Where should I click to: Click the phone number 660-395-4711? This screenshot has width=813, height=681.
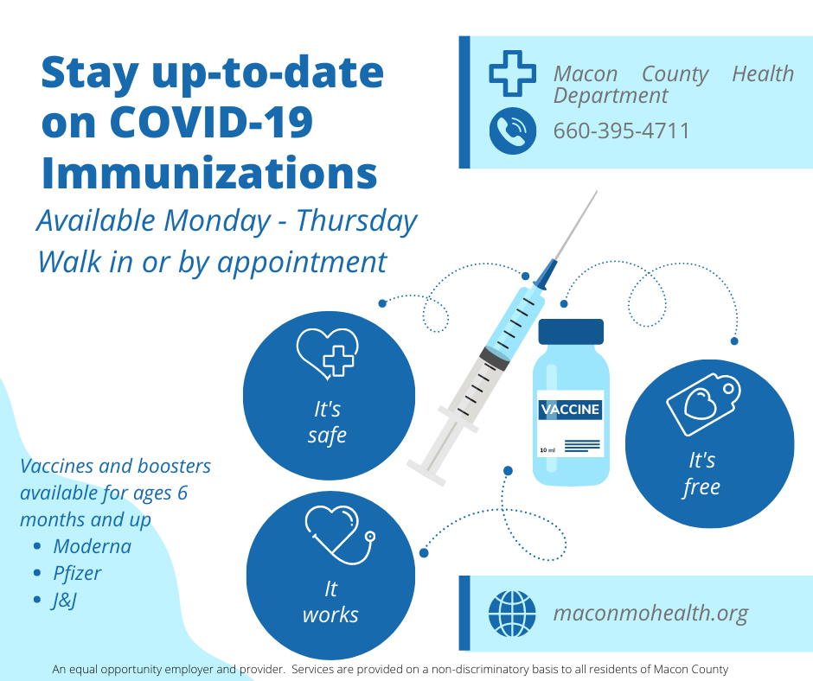coord(621,130)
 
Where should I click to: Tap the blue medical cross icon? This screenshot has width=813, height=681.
coord(512,73)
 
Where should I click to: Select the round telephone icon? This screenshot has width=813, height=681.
coord(512,130)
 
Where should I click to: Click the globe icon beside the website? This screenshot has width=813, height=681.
coord(512,614)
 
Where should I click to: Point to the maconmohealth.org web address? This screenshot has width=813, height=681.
coord(650,614)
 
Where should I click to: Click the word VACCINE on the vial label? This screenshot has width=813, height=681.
coord(570,409)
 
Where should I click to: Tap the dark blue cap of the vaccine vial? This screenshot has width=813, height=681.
coord(571,332)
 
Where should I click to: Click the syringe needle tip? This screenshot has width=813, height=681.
coord(597,191)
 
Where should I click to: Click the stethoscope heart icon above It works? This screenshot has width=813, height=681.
coord(340,535)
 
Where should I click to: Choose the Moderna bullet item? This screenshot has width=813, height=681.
coord(93,546)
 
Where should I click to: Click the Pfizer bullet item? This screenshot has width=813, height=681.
coord(77,573)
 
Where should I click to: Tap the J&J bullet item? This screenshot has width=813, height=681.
coord(65,600)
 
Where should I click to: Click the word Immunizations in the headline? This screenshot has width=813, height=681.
coord(209,173)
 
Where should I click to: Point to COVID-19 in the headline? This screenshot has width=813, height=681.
coord(211,122)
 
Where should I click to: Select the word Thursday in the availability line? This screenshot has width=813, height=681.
coord(356,221)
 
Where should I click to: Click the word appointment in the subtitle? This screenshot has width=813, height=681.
coord(303,263)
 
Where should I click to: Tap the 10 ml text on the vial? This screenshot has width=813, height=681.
coord(547,450)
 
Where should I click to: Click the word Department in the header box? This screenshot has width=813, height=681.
coord(611,96)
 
